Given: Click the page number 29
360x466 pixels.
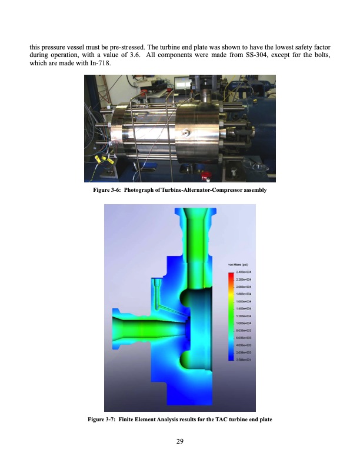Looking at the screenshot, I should point(180,442).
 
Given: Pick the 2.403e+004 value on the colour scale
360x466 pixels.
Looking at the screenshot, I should point(244,272).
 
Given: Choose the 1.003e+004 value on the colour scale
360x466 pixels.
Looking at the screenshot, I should point(244,323).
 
